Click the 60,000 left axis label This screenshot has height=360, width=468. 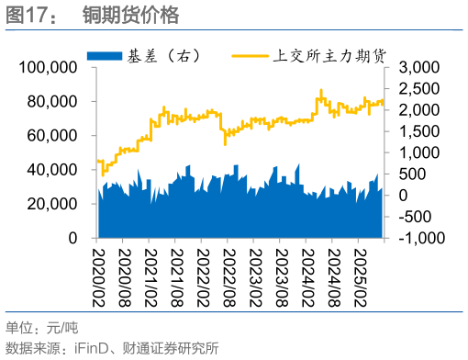(50, 136)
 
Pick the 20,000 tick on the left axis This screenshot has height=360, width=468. (50, 204)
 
